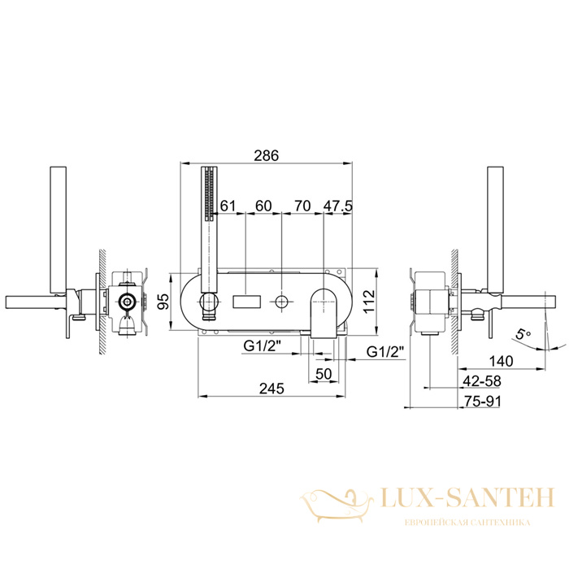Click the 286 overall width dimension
click(x=266, y=155)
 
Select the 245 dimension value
click(x=271, y=389)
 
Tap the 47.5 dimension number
click(x=338, y=206)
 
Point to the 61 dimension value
click(x=228, y=206)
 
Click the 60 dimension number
click(x=263, y=206)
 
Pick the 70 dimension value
click(x=302, y=206)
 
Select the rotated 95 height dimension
click(x=164, y=302)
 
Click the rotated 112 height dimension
click(x=368, y=302)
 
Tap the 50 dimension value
click(x=324, y=373)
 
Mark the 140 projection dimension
click(x=502, y=361)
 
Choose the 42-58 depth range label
click(x=482, y=381)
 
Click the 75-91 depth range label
click(x=482, y=401)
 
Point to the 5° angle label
click(x=523, y=332)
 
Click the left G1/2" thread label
click(x=263, y=345)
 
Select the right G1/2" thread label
click(x=385, y=352)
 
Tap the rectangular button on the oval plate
click(x=247, y=302)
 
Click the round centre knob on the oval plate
click(x=281, y=302)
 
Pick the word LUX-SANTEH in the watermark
click(x=468, y=497)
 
